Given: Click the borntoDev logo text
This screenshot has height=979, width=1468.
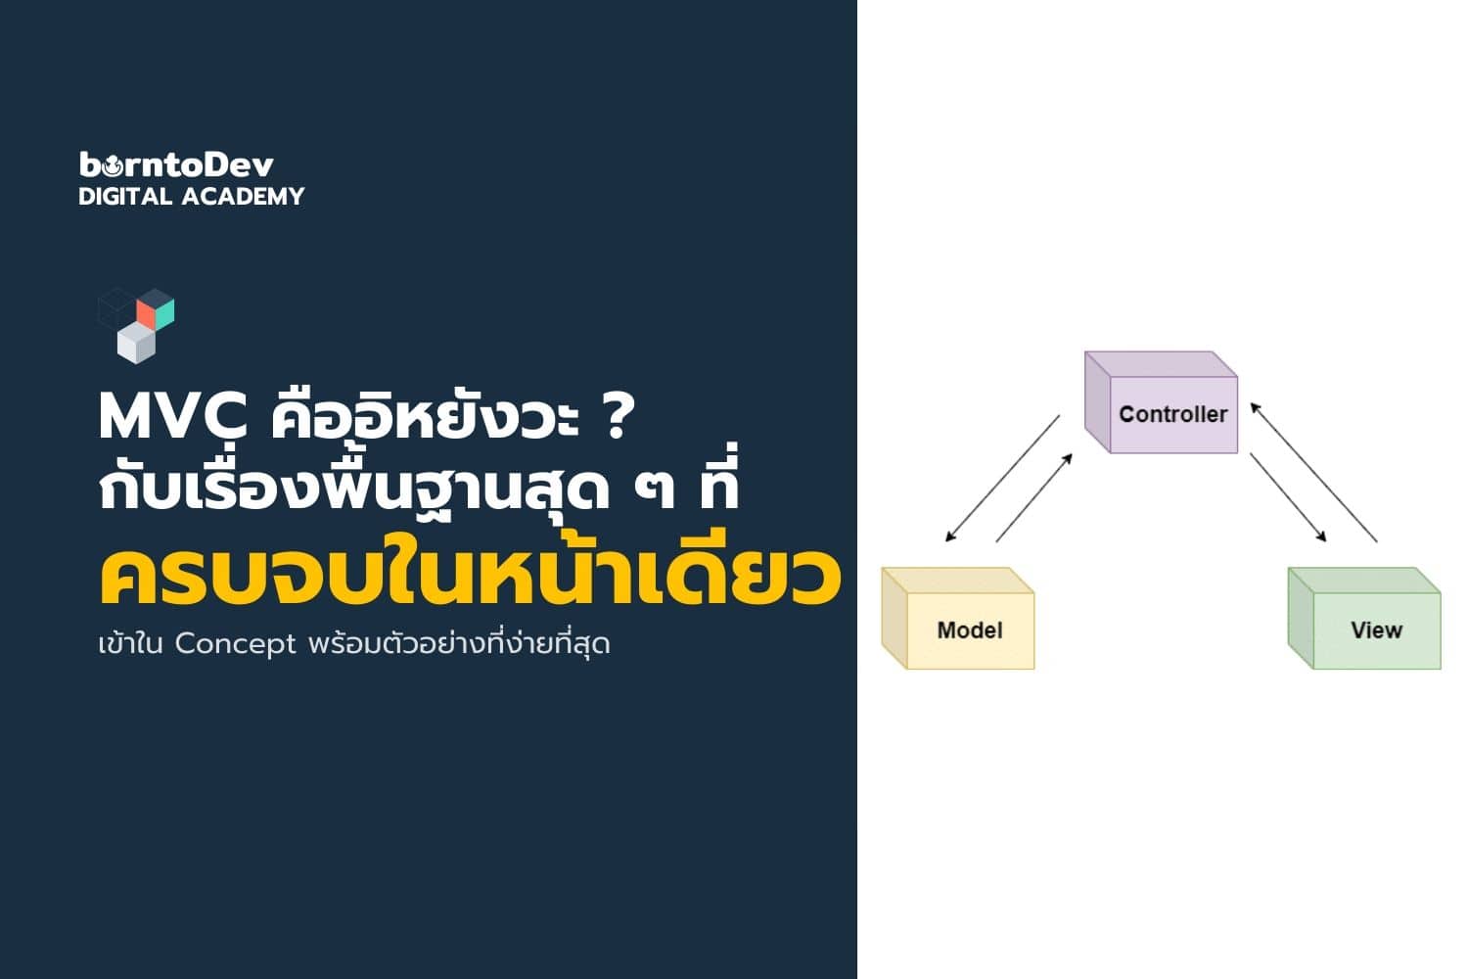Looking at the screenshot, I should point(176,164).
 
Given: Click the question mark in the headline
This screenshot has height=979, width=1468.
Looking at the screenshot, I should point(616,417).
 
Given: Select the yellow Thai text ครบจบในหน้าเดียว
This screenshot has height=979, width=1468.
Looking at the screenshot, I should point(470,578).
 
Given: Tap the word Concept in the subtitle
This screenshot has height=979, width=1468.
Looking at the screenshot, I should point(235,644).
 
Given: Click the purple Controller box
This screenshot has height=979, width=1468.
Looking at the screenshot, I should point(1162,403).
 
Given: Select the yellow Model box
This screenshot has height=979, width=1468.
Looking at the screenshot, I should point(958,619).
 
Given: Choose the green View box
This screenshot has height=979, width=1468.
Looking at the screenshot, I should point(1364,619).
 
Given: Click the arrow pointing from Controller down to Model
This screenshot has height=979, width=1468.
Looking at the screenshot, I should point(1002,478).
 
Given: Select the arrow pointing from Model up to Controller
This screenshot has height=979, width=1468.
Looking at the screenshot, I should point(1033,498).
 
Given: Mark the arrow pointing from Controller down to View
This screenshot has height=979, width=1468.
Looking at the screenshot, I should point(1288,497).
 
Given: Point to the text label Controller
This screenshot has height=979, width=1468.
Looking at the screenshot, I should point(1172,414).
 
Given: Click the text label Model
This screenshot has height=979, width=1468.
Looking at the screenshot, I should point(970,630).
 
